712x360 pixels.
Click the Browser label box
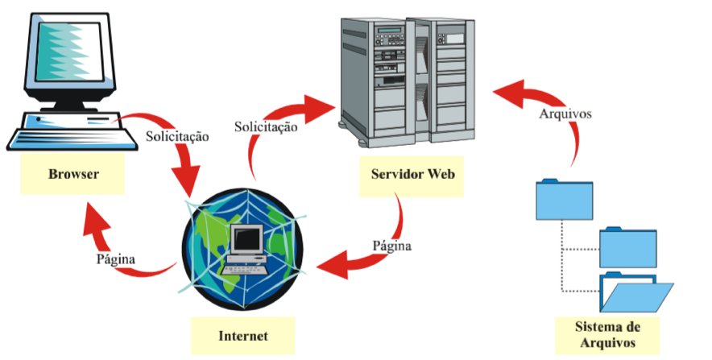[73, 174]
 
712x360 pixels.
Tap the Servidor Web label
[412, 175]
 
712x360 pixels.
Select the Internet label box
[242, 334]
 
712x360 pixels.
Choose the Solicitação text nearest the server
[266, 126]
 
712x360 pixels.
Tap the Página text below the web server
[391, 245]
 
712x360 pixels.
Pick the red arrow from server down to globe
[362, 254]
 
